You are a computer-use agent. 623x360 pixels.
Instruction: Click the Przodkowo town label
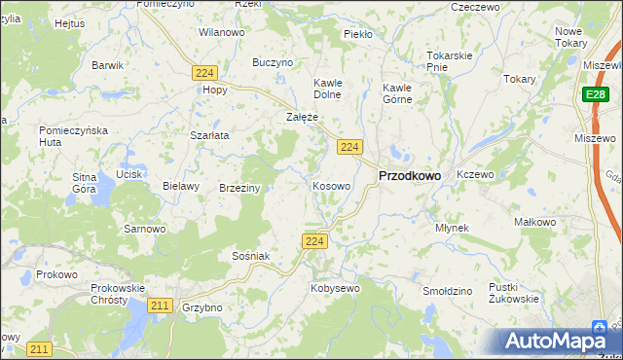[408, 175]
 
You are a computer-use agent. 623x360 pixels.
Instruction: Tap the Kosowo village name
[331, 185]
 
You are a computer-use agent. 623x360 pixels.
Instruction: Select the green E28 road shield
[597, 94]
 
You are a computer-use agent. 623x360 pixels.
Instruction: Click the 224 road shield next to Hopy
[203, 73]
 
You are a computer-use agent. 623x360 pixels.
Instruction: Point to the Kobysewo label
[335, 288]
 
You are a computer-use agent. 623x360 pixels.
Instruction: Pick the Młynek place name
[453, 228]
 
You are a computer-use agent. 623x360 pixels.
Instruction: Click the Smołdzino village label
[448, 291]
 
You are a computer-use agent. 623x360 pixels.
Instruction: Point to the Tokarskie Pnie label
[450, 61]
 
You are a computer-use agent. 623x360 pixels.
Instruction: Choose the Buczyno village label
[273, 62]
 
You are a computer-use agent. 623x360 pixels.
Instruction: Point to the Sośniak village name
[250, 255]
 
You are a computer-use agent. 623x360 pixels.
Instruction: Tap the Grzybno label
[202, 306]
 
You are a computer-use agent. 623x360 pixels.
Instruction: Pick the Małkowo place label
[534, 222]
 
